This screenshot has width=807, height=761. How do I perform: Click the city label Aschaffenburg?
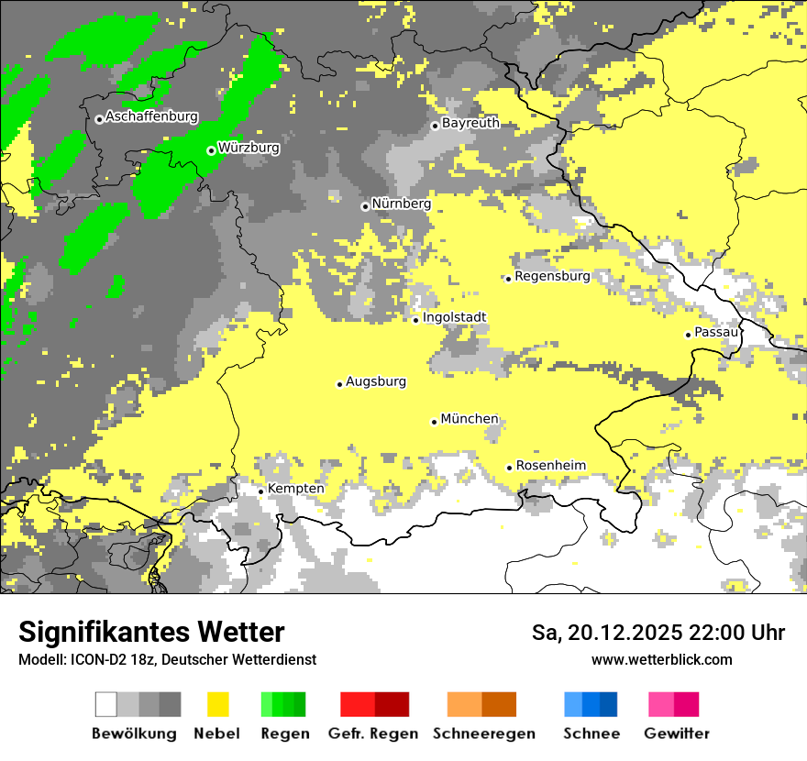click(x=151, y=117)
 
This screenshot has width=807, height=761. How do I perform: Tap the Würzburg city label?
click(x=249, y=148)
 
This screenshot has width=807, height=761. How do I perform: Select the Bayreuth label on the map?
click(x=470, y=123)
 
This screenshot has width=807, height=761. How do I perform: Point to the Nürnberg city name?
click(x=401, y=204)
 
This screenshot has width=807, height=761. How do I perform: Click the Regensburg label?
click(x=552, y=276)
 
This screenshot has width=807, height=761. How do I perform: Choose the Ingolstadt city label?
click(x=454, y=317)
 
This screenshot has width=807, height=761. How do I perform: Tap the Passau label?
click(x=716, y=332)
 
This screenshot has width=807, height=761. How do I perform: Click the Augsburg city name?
click(x=376, y=381)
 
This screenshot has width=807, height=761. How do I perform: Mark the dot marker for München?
click(x=435, y=422)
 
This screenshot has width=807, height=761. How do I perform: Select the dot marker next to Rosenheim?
click(x=510, y=468)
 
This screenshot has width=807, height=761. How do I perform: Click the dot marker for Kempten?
click(x=261, y=491)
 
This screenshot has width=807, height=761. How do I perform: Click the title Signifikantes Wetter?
click(x=151, y=633)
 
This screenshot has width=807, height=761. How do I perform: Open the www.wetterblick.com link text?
click(x=661, y=659)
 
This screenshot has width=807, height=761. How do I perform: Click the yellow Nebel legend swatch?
click(x=218, y=704)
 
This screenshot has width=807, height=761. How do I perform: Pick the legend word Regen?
click(x=284, y=733)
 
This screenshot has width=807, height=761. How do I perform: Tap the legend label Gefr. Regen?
click(x=373, y=733)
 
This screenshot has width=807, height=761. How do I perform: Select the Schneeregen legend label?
click(x=484, y=733)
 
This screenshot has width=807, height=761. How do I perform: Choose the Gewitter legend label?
click(x=677, y=733)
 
